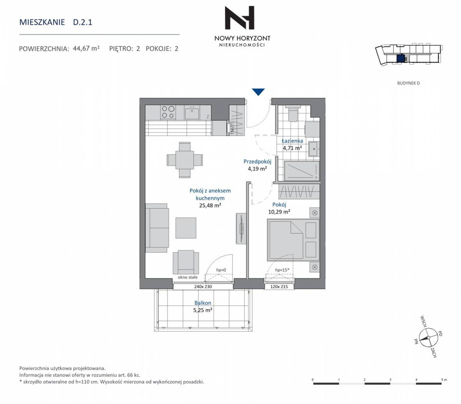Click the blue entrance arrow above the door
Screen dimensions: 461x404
point(259,92)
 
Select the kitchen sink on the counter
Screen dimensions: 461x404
point(192,113)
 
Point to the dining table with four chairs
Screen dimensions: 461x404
point(184,160)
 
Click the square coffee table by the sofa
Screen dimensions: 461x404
point(186,228)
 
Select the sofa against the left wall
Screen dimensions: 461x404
point(157,228)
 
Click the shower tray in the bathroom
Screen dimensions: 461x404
point(302,171)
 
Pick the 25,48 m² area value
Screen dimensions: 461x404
point(210,206)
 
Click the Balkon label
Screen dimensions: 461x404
point(202,303)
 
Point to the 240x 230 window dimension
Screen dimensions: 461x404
point(203,287)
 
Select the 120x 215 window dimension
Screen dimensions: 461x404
point(279,287)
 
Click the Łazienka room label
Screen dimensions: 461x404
point(292,141)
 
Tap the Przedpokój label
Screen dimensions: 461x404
point(257,162)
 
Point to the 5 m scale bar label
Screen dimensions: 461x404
point(444,380)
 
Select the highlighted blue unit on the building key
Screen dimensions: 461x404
point(400,58)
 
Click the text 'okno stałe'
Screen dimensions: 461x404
point(188,277)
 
